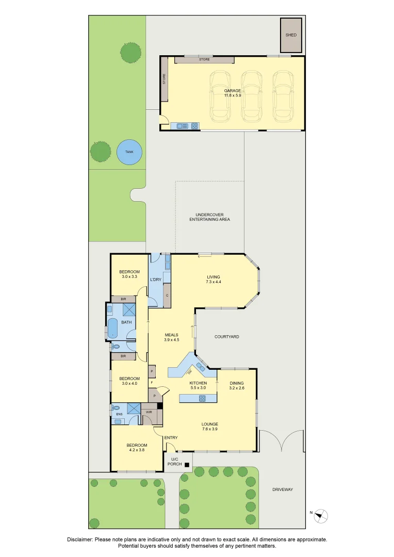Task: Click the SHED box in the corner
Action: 291,35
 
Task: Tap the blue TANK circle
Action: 129,152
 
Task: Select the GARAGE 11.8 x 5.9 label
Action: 233,93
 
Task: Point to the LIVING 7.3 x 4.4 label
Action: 213,279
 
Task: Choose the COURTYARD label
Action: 227,337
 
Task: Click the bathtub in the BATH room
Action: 112,328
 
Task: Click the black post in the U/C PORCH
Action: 187,465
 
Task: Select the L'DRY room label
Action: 156,280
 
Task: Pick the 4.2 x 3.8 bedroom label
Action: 137,448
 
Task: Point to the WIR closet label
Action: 148,412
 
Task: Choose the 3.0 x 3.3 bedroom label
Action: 129,274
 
